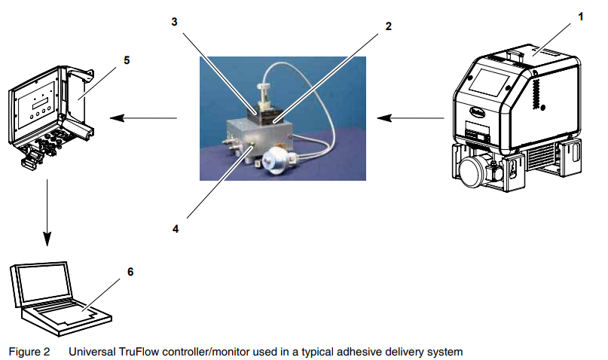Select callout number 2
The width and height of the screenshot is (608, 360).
tap(388, 26)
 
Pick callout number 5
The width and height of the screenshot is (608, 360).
tap(127, 59)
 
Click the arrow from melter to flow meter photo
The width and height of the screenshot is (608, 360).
tap(411, 117)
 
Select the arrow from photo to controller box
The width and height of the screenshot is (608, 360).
tap(143, 117)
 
